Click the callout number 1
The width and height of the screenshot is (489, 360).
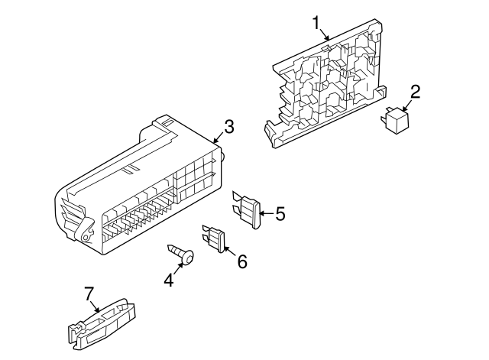coord(316,23)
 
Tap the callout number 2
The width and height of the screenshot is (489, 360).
coord(415,92)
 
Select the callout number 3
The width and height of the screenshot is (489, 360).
coord(229,127)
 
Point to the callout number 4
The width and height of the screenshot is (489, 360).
coord(169,280)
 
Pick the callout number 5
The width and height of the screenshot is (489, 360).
coord(280,214)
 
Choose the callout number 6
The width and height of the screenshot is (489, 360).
coord(242,261)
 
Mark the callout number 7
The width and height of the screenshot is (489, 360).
coord(89,294)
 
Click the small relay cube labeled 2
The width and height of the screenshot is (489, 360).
coord(394,121)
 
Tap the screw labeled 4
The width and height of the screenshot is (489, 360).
coord(181,254)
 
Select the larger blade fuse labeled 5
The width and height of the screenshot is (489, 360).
coord(247,209)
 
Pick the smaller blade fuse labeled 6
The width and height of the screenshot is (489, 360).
coord(214,238)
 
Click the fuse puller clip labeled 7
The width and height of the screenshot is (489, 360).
coord(102,324)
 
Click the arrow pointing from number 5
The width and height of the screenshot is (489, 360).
coord(267,214)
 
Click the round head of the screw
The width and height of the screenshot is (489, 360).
coord(189,258)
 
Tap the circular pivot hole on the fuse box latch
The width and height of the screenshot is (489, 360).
coord(85,237)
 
